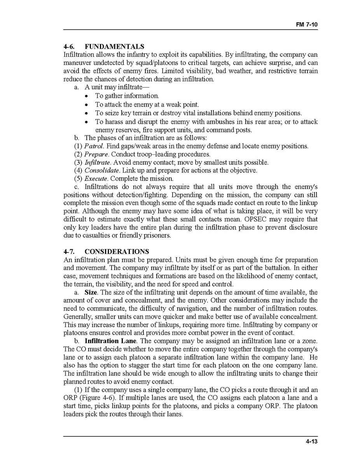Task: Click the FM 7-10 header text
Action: [307, 25]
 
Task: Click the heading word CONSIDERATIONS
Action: [117, 252]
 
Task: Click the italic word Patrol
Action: [94, 146]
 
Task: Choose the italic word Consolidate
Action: [101, 171]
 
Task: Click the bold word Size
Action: [90, 292]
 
